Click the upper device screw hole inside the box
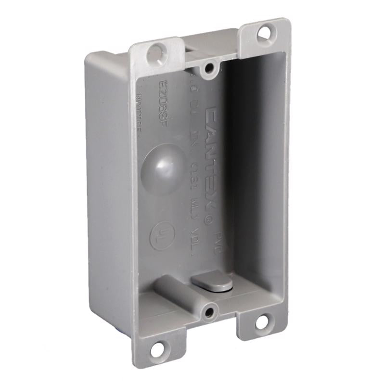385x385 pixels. pos(209,70)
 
